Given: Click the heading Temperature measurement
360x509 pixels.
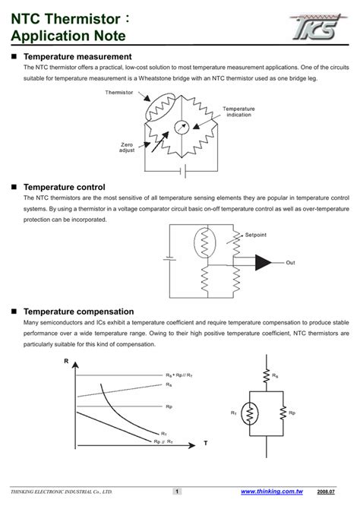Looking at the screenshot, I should pyautogui.click(x=77, y=57).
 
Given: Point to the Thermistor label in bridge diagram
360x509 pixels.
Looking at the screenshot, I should pyautogui.click(x=118, y=93).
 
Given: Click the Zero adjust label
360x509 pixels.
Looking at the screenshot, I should pyautogui.click(x=127, y=147).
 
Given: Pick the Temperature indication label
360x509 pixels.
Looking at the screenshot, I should pyautogui.click(x=238, y=112).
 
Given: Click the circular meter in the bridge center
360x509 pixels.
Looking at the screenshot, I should pyautogui.click(x=182, y=127).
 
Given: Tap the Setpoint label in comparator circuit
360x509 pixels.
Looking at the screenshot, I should pyautogui.click(x=256, y=235).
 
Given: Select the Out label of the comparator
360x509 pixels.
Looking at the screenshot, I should pyautogui.click(x=290, y=263).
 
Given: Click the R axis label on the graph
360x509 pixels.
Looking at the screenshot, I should pyautogui.click(x=67, y=361).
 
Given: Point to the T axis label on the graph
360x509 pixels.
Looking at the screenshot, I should pyautogui.click(x=204, y=442).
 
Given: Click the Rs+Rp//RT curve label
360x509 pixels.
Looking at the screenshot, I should pyautogui.click(x=180, y=375).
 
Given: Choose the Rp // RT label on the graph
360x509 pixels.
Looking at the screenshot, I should pyautogui.click(x=163, y=441).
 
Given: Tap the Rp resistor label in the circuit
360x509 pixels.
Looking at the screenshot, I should pyautogui.click(x=292, y=413).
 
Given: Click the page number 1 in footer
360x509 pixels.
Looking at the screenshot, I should pyautogui.click(x=177, y=492).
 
